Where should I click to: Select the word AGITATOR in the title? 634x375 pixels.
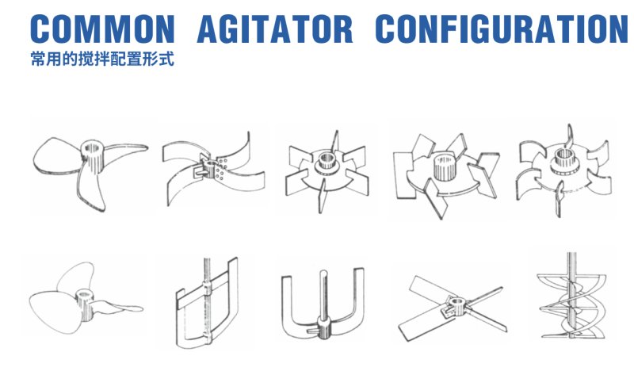coord(274,29)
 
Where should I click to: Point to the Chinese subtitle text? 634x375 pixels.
coord(101,60)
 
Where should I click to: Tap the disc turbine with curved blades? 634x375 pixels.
coord(562,166)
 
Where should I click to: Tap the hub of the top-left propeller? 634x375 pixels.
coord(94,151)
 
